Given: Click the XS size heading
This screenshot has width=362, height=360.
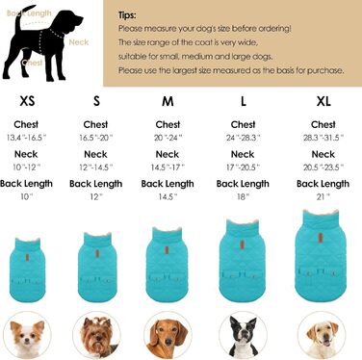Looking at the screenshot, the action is click(27, 101).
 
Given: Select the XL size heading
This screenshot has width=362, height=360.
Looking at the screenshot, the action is click(323, 101).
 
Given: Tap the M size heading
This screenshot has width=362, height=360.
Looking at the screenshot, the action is click(168, 101).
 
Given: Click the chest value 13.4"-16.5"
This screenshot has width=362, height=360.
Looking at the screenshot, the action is click(26, 138).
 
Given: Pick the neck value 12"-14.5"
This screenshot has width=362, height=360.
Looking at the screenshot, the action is click(95, 167).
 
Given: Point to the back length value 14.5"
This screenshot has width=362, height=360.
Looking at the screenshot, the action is click(168, 196).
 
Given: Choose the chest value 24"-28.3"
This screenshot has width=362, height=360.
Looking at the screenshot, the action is click(243, 138).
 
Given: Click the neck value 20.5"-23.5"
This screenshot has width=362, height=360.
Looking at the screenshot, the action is click(323, 167).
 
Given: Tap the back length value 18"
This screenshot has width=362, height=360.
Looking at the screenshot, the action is click(243, 196).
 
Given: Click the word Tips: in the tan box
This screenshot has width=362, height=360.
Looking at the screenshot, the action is click(127, 15).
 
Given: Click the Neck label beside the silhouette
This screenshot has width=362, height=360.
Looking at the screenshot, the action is click(79, 42).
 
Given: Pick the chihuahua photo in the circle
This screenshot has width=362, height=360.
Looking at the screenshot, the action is click(27, 335).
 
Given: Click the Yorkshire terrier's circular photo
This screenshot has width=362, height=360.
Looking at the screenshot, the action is click(96, 335).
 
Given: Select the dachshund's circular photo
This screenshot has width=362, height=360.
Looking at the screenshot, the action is click(168, 335).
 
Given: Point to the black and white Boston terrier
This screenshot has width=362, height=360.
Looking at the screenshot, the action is click(243, 335).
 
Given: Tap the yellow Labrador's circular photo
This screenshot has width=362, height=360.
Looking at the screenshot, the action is click(322, 335).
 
